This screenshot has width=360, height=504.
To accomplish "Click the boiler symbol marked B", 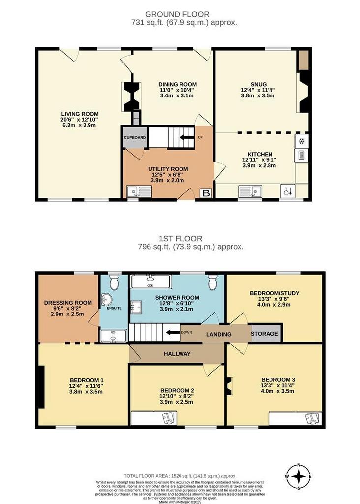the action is (x=206, y=193).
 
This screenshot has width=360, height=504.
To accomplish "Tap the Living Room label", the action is (x=80, y=114).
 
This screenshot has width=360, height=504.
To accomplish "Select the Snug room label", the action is (x=259, y=85).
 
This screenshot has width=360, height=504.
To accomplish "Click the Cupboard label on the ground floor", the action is (x=135, y=138).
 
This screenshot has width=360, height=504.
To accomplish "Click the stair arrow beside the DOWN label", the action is (x=173, y=333).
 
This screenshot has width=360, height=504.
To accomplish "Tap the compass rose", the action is (x=299, y=476).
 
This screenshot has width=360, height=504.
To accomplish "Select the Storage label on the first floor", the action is (x=264, y=334).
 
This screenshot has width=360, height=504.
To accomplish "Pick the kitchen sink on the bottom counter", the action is (x=250, y=191).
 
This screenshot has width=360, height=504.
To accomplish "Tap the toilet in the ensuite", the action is (x=114, y=282).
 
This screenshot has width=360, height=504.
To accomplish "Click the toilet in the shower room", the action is (x=212, y=282).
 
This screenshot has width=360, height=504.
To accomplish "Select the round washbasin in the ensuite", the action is (x=106, y=300).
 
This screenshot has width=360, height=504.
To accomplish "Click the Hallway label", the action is (x=177, y=354).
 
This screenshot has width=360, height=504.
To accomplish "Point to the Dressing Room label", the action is (x=68, y=303).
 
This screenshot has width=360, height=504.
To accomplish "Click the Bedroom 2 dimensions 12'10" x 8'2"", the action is (x=177, y=396).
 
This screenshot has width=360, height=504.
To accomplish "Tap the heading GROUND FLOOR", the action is (x=177, y=14).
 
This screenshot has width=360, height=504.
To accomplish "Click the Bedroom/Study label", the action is (x=274, y=293).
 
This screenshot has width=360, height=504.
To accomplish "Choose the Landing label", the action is (x=219, y=334).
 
